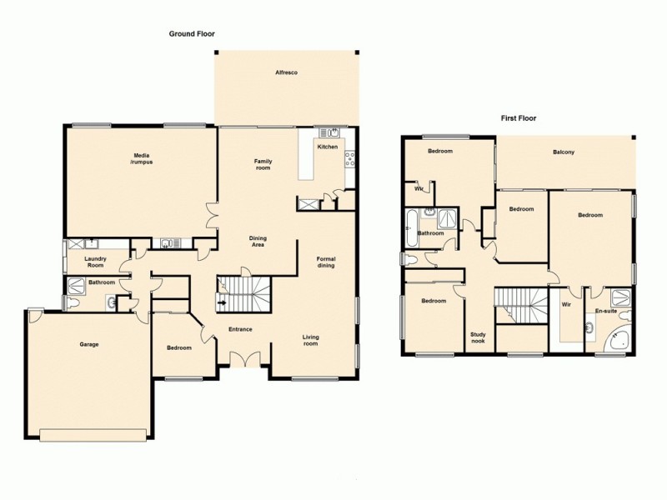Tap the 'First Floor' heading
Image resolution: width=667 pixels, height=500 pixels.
518,118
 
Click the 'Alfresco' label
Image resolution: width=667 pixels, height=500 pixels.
287,73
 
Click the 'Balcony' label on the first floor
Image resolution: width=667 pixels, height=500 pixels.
564,152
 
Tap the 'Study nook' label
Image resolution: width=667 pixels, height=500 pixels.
479,338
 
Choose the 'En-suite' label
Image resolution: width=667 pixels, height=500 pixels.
605,311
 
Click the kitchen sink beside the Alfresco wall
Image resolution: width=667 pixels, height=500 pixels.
328,132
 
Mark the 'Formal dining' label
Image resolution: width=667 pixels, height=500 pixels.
326,262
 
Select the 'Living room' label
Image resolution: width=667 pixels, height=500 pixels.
310,340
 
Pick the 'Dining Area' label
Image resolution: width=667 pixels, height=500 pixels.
258,242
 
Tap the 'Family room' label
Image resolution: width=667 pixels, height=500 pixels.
263,164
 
